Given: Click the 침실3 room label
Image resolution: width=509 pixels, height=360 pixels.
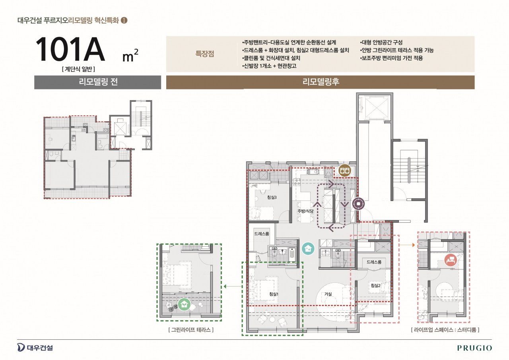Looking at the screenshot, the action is click(x=272, y=197).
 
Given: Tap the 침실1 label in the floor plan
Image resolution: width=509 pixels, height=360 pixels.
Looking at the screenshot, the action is click(x=274, y=294).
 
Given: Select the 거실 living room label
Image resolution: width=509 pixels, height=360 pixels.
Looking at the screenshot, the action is click(x=328, y=294).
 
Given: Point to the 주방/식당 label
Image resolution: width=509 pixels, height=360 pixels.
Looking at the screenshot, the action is click(x=305, y=211).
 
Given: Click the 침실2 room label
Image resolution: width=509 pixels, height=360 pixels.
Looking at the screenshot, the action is click(x=375, y=286).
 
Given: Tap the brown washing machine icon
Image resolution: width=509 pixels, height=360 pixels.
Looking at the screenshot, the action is click(x=344, y=170).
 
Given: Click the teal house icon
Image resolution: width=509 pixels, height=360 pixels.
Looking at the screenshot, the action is click(x=308, y=248).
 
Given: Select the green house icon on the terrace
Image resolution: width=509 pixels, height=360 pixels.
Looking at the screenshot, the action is click(x=184, y=304).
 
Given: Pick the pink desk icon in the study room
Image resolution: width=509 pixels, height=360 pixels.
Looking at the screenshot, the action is click(x=451, y=260).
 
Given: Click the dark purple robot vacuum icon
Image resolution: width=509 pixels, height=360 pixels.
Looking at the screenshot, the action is click(x=358, y=204).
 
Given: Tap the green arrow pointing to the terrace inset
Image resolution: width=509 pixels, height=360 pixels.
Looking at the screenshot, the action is click(x=233, y=286).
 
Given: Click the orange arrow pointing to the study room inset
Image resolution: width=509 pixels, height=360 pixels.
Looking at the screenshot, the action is click(x=407, y=245).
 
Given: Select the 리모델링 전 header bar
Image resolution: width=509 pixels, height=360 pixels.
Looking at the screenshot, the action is click(x=98, y=82).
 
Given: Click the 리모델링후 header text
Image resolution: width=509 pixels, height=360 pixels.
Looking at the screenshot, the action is click(x=321, y=82).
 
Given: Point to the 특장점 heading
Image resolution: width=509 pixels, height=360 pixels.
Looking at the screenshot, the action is click(x=205, y=54).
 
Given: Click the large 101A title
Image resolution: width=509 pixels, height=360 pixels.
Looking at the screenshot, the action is click(x=70, y=49).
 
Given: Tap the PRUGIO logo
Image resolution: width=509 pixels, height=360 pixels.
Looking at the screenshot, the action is click(x=474, y=348).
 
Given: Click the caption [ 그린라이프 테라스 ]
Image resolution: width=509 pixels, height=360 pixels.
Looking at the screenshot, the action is click(x=191, y=330).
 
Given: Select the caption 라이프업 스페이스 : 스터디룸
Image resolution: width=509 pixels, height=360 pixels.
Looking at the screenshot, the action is click(x=445, y=330).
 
